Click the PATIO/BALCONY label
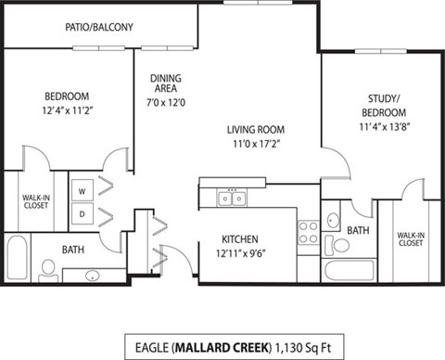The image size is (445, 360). pos(99,28)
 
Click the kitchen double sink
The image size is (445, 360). pos(231,197)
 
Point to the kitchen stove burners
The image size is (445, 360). pos(307,231)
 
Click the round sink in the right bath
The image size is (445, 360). pos(333,221)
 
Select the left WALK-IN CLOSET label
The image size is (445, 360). pos(36,199)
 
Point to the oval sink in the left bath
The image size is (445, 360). pos(93,275)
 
